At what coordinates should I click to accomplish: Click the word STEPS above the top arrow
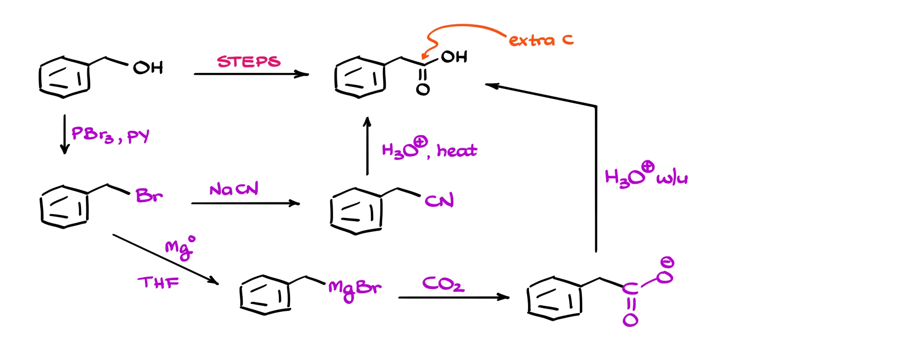coord(248,62)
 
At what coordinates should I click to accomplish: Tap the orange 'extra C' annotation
coord(541,40)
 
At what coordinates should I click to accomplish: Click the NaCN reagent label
coord(234,189)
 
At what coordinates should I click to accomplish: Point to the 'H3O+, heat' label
coord(429,149)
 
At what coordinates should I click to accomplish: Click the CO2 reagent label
coord(443,284)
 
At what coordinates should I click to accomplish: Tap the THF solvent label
coord(158,282)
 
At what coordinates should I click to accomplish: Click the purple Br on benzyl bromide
coord(149,195)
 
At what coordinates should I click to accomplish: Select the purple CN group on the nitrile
coord(439,201)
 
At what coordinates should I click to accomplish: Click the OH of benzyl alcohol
coord(148,68)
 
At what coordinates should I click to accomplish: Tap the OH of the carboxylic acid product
coord(454,57)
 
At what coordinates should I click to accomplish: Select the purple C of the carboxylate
coord(630,288)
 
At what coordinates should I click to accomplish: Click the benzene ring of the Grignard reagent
coord(265,295)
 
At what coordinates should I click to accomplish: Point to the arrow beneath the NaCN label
coord(245,203)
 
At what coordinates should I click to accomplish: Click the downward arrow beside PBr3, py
coord(65,134)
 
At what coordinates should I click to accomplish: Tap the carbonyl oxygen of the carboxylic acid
coord(423,89)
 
